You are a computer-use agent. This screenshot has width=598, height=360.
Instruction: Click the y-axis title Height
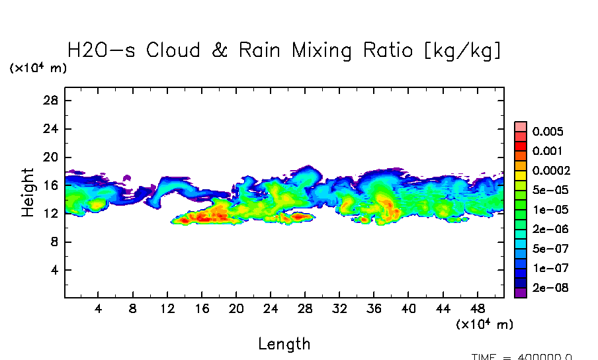28,192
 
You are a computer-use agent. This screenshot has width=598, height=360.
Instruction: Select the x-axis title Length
284,343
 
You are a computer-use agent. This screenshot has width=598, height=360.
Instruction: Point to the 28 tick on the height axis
52,101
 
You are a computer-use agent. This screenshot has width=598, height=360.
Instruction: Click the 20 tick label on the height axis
52,157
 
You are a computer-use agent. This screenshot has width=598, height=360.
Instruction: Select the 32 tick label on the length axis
339,309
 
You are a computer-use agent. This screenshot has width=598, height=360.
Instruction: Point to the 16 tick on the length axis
202,309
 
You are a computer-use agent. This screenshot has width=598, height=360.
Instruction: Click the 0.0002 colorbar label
550,170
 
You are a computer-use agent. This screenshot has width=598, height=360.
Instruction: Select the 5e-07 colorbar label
548,249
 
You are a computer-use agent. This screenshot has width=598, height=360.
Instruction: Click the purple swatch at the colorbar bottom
521,292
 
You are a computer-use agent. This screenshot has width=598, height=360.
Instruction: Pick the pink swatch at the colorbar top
521,126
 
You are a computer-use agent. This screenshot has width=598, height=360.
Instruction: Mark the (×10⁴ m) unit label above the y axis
38,68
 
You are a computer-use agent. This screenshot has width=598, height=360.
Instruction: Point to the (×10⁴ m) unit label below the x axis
484,324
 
